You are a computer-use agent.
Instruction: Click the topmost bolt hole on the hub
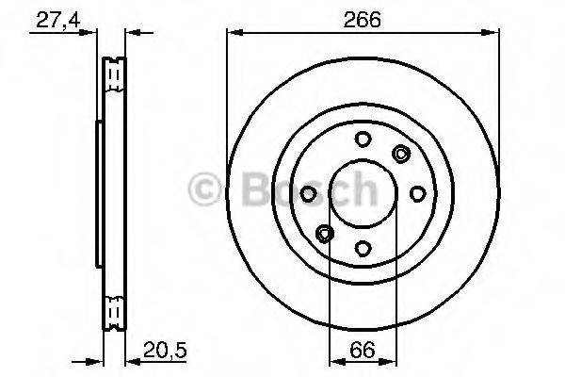tap(363, 139)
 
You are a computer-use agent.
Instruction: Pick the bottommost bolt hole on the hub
tap(363, 248)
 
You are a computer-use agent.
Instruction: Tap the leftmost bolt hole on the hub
tap(309, 193)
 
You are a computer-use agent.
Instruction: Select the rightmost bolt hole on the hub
tap(417, 193)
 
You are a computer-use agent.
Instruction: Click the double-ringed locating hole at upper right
tap(402, 155)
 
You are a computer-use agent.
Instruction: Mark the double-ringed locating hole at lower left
tap(325, 233)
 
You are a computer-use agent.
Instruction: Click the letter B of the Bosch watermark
tap(241, 189)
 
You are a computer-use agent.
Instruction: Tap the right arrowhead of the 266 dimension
tap(494, 35)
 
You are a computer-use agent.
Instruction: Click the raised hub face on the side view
tap(98, 193)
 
